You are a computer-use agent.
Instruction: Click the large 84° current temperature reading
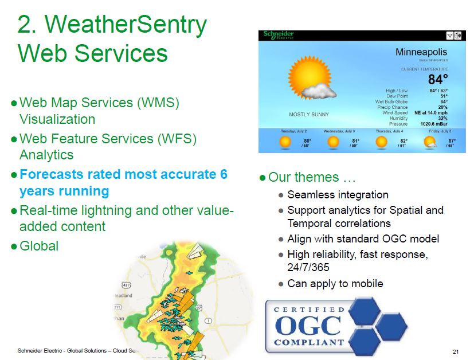[x=438, y=80]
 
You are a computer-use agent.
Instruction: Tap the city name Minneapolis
[x=421, y=52]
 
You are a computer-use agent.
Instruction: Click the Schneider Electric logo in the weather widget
[x=279, y=36]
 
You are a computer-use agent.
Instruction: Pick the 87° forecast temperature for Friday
[x=452, y=141]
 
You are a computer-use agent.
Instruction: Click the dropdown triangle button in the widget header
[x=450, y=36]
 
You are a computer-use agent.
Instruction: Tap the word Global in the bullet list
[x=39, y=246]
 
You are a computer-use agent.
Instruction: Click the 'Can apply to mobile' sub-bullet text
[x=335, y=283]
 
